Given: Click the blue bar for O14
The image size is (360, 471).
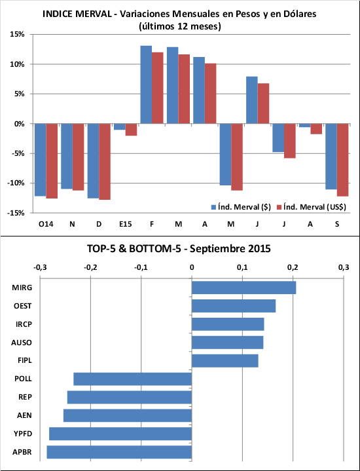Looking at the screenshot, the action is (40, 160).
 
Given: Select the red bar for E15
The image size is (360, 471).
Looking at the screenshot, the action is (131, 130).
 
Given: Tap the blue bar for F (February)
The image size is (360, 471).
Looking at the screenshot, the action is (146, 85).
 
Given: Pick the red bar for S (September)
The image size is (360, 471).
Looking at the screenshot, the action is (342, 160).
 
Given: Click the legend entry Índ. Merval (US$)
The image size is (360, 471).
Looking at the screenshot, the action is (311, 207).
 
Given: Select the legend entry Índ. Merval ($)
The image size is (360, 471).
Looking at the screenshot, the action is (241, 207).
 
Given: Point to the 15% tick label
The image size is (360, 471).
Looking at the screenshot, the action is (17, 34).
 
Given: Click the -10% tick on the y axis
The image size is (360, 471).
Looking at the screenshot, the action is (16, 183).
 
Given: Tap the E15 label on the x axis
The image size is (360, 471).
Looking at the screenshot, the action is (125, 224).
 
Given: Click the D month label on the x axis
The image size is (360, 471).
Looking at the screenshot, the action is (99, 224).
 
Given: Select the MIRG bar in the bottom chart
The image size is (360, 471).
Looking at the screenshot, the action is (243, 288).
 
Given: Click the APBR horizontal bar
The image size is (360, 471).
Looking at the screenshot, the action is (119, 452).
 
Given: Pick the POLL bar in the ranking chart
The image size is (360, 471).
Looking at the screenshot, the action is (133, 379).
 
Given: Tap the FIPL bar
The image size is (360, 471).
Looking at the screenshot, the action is (225, 360).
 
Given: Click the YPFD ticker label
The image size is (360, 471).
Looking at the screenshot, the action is (23, 434).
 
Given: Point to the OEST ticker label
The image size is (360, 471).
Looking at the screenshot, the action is (22, 306).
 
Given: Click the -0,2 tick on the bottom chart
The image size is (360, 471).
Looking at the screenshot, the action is (90, 267).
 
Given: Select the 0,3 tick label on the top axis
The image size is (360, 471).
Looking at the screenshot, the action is (344, 267).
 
